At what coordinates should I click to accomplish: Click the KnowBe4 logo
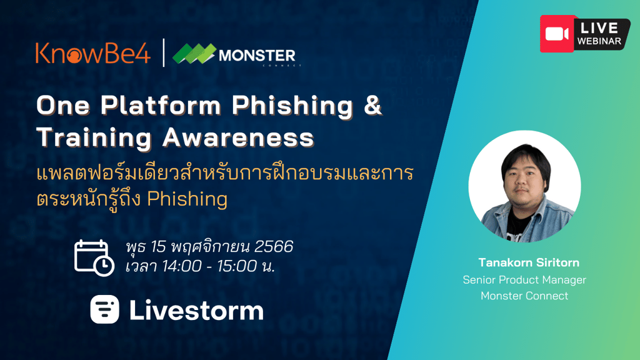pyautogui.click(x=93, y=53)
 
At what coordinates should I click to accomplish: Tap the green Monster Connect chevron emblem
pyautogui.click(x=194, y=54)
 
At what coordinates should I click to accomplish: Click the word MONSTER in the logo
pyautogui.click(x=257, y=56)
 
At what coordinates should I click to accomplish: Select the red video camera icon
pyautogui.click(x=557, y=34)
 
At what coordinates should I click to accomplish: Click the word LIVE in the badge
pyautogui.click(x=599, y=27)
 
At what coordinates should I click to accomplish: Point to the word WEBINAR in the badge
pyautogui.click(x=599, y=41)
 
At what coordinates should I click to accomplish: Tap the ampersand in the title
pyautogui.click(x=372, y=105)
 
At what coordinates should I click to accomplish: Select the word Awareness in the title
pyautogui.click(x=238, y=137)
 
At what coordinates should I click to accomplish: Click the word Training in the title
pyautogui.click(x=94, y=137)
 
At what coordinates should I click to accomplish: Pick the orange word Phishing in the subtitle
pyautogui.click(x=187, y=199)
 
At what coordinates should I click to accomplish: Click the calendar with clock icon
pyautogui.click(x=94, y=257)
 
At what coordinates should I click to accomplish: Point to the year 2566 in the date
pyautogui.click(x=274, y=246)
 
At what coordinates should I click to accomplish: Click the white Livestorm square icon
pyautogui.click(x=105, y=309)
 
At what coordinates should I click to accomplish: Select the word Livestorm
pyautogui.click(x=196, y=311)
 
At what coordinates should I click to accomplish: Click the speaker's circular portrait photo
pyautogui.click(x=524, y=186)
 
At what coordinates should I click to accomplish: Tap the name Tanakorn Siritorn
pyautogui.click(x=529, y=262)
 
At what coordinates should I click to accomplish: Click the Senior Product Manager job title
pyautogui.click(x=524, y=280)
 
